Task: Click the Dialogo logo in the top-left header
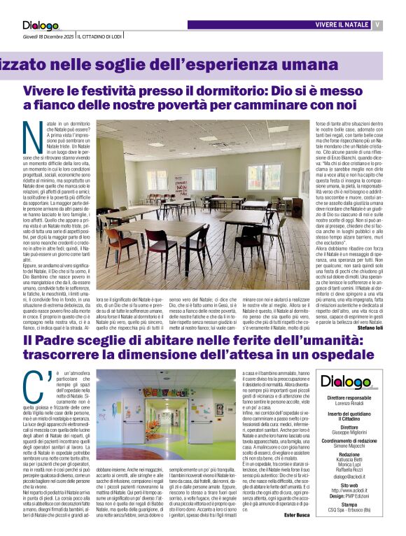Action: coord(41,27)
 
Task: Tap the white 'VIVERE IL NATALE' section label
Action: coord(342,25)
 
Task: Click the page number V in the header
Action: coord(377,25)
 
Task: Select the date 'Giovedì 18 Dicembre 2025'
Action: coord(47,36)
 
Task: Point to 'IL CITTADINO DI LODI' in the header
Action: coord(101,36)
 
